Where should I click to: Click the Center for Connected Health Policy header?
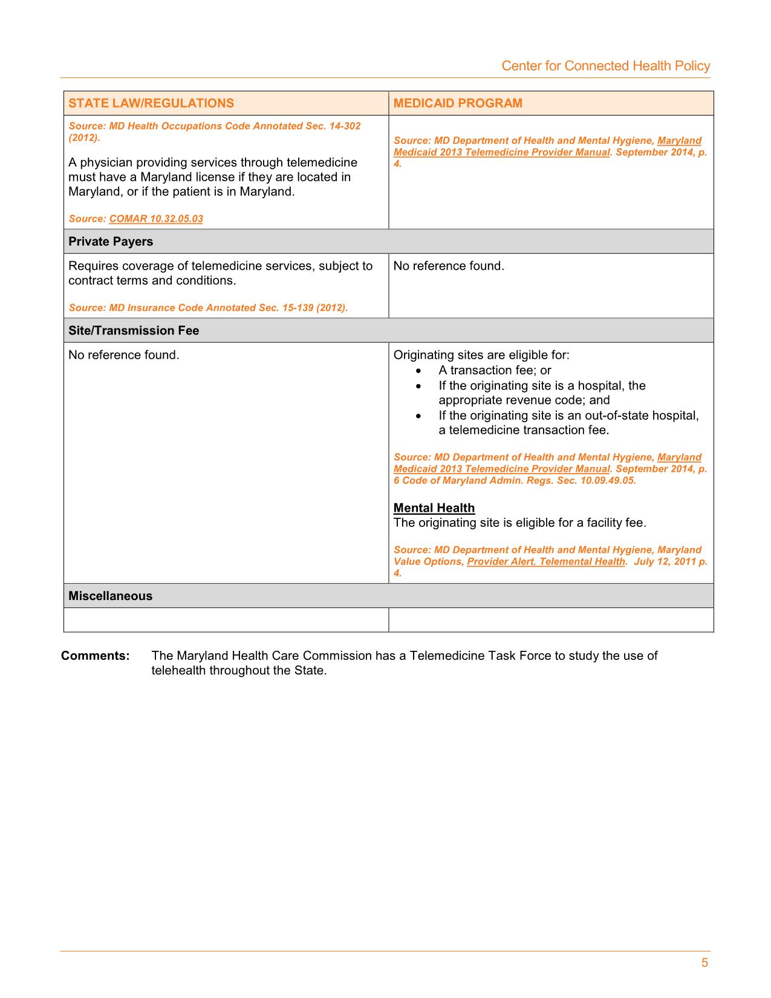coord(605,66)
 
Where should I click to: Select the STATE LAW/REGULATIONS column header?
coord(151,103)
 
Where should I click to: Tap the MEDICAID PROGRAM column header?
coord(458,103)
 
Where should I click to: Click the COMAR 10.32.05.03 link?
coord(156,218)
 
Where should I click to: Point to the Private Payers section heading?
coord(111,241)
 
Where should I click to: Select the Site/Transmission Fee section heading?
coord(134,330)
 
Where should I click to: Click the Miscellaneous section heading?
coord(110,596)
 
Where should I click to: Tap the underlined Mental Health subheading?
coord(434,508)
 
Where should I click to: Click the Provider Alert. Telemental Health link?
coord(546,561)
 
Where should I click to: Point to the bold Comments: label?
coord(96,656)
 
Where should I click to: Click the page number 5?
coord(704,963)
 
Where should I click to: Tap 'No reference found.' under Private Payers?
coord(448,266)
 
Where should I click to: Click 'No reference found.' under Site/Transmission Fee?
coord(124,355)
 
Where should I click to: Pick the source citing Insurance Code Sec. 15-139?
coord(208,308)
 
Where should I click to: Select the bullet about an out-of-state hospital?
coord(568,423)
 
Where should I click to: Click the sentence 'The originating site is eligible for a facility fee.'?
coord(519,523)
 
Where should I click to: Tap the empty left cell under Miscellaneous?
coord(226,620)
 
